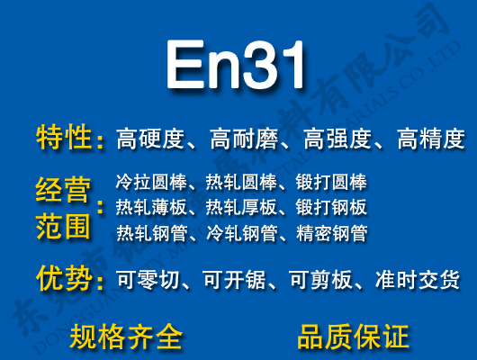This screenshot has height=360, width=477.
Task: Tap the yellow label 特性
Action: tap(64, 139)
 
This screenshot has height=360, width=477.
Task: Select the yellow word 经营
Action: tap(64, 192)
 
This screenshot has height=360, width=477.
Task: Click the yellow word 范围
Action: tap(64, 225)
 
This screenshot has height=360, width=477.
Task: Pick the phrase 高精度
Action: tap(430, 139)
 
